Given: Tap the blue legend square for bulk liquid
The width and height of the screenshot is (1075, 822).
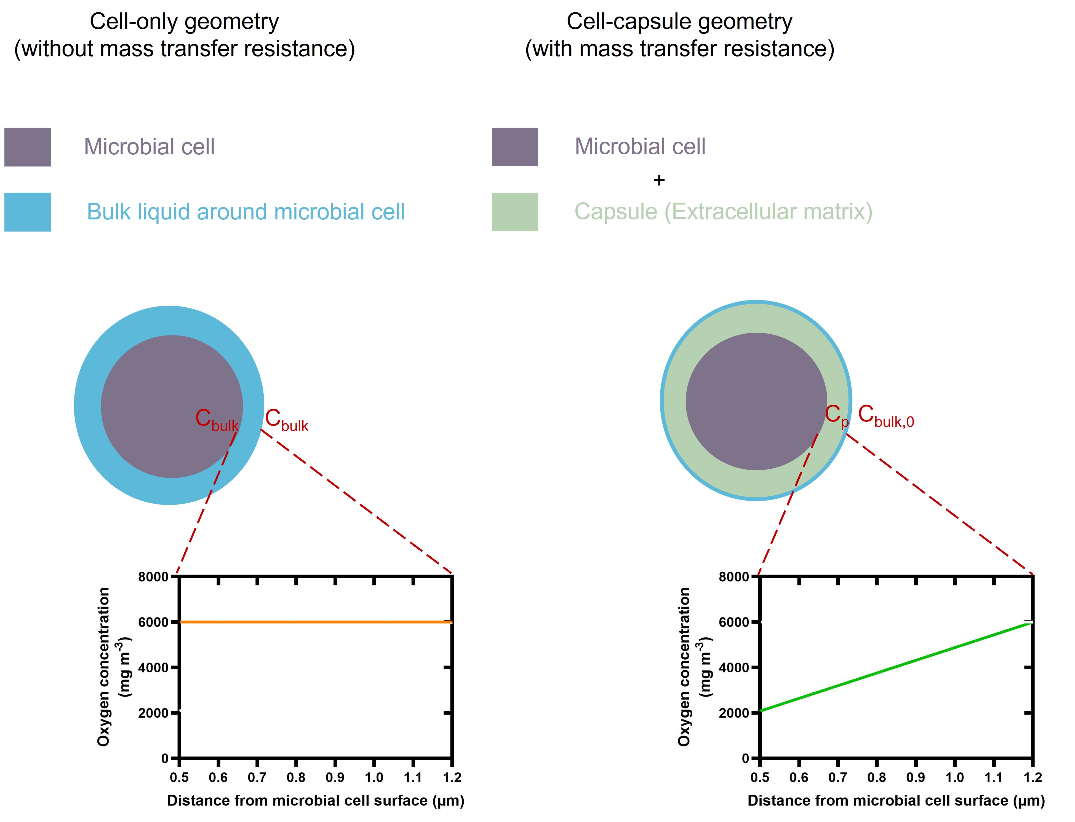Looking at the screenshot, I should coord(27,212).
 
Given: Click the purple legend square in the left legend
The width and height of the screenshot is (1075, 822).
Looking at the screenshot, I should coord(27,147).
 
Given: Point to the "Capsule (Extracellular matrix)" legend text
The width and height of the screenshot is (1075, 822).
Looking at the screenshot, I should coord(723,212).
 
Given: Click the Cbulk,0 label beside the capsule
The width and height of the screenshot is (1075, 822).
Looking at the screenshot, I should coord(885,417).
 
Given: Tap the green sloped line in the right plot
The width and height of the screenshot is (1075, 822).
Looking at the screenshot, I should coord(896,667).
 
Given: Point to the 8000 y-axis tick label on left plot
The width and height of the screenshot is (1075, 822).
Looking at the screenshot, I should coord(153,577).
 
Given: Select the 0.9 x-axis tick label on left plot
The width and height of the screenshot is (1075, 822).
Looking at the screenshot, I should coord(335,777).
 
